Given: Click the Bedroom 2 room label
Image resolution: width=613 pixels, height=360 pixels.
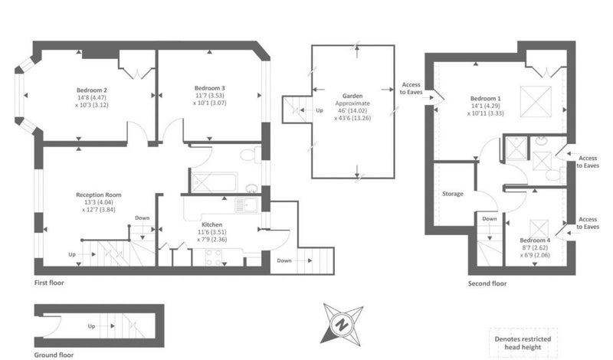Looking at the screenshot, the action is (x=92, y=90).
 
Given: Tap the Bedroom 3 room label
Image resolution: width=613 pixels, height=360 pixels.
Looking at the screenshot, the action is (x=209, y=88).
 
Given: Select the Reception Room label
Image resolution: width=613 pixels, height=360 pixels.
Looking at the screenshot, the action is (x=99, y=195).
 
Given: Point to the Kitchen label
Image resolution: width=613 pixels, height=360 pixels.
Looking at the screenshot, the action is (x=212, y=224).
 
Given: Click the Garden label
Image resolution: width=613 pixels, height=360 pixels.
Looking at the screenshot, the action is (x=352, y=96).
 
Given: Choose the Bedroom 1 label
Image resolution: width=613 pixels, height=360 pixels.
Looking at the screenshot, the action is (x=485, y=99).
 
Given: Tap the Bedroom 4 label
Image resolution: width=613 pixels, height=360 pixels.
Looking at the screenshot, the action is (x=535, y=241).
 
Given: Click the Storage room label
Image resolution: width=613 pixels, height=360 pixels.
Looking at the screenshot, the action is (x=453, y=194).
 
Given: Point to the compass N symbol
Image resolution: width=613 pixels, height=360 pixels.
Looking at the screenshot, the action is (x=343, y=326).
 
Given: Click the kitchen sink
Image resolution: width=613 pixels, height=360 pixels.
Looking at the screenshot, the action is (x=247, y=205).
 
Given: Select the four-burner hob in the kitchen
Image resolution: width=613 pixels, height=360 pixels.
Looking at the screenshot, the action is (x=214, y=257).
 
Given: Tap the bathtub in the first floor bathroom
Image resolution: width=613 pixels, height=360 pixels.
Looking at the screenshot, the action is (x=215, y=183).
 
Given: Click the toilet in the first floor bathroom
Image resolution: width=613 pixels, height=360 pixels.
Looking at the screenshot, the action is (x=251, y=155).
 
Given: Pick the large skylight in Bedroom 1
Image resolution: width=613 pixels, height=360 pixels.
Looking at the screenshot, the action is (x=536, y=102).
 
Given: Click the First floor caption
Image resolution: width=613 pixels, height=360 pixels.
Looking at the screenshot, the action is (x=49, y=283).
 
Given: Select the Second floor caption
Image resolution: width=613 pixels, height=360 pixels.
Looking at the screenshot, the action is (x=487, y=283).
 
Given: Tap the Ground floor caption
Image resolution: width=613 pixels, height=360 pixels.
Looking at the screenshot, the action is (x=54, y=355).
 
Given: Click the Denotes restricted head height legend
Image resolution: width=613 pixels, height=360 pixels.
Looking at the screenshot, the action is (x=523, y=343).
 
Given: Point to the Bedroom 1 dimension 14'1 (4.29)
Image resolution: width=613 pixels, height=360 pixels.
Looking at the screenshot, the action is (x=485, y=106).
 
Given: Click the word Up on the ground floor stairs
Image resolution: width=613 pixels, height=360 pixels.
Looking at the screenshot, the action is (x=91, y=326).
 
